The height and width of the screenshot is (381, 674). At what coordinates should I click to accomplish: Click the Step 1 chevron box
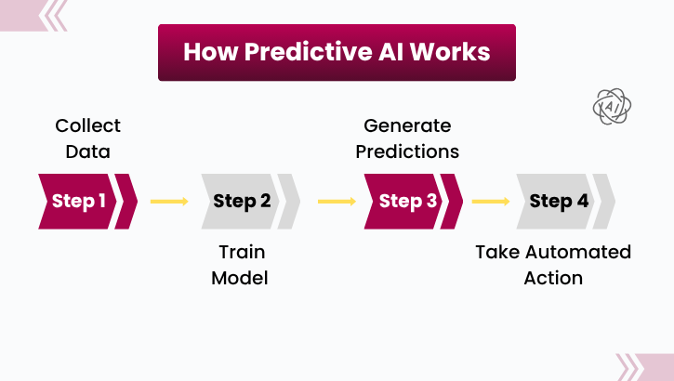[x=79, y=201]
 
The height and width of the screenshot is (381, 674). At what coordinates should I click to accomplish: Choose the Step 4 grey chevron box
[x=558, y=201]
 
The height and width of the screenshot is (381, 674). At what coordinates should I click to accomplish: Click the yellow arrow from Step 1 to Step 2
[x=169, y=201]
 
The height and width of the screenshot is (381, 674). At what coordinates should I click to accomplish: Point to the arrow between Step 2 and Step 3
[x=337, y=201]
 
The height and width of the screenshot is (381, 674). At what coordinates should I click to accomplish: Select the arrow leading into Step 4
[x=490, y=201]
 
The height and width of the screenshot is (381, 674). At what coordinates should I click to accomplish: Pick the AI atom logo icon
[x=613, y=107]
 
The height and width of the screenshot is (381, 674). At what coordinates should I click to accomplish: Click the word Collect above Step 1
[x=87, y=125]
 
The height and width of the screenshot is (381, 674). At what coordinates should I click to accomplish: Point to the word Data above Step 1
[x=87, y=151]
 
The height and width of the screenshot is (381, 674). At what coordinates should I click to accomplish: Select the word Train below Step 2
[x=240, y=252]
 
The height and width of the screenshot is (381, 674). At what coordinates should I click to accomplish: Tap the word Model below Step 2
[x=240, y=278]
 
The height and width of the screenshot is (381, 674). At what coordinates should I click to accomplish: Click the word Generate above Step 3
[x=406, y=125]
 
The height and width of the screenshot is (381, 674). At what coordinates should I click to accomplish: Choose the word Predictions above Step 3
[x=406, y=151]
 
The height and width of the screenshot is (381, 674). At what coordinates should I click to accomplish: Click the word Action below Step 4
[x=553, y=278]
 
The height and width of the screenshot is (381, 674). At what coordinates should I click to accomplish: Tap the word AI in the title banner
[x=392, y=51]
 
